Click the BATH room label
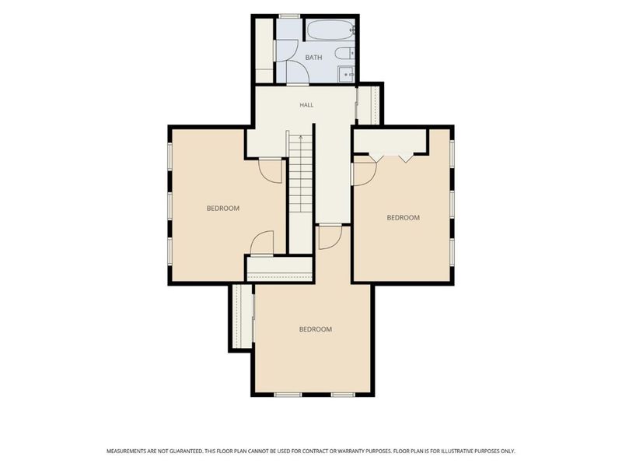[x=313, y=58]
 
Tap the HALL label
[x=306, y=105]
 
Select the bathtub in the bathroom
[x=330, y=30]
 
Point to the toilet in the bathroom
[x=344, y=52]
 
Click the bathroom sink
[x=346, y=74]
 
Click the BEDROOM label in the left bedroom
[x=223, y=208]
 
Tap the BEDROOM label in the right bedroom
[x=403, y=218]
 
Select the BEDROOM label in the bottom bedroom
[x=316, y=329]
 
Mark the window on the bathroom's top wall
[x=289, y=16]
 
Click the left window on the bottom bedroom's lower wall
[x=288, y=395]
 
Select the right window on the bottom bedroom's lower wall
[x=343, y=395]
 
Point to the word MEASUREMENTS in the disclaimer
[x=126, y=451]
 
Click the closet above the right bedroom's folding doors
[x=390, y=141]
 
